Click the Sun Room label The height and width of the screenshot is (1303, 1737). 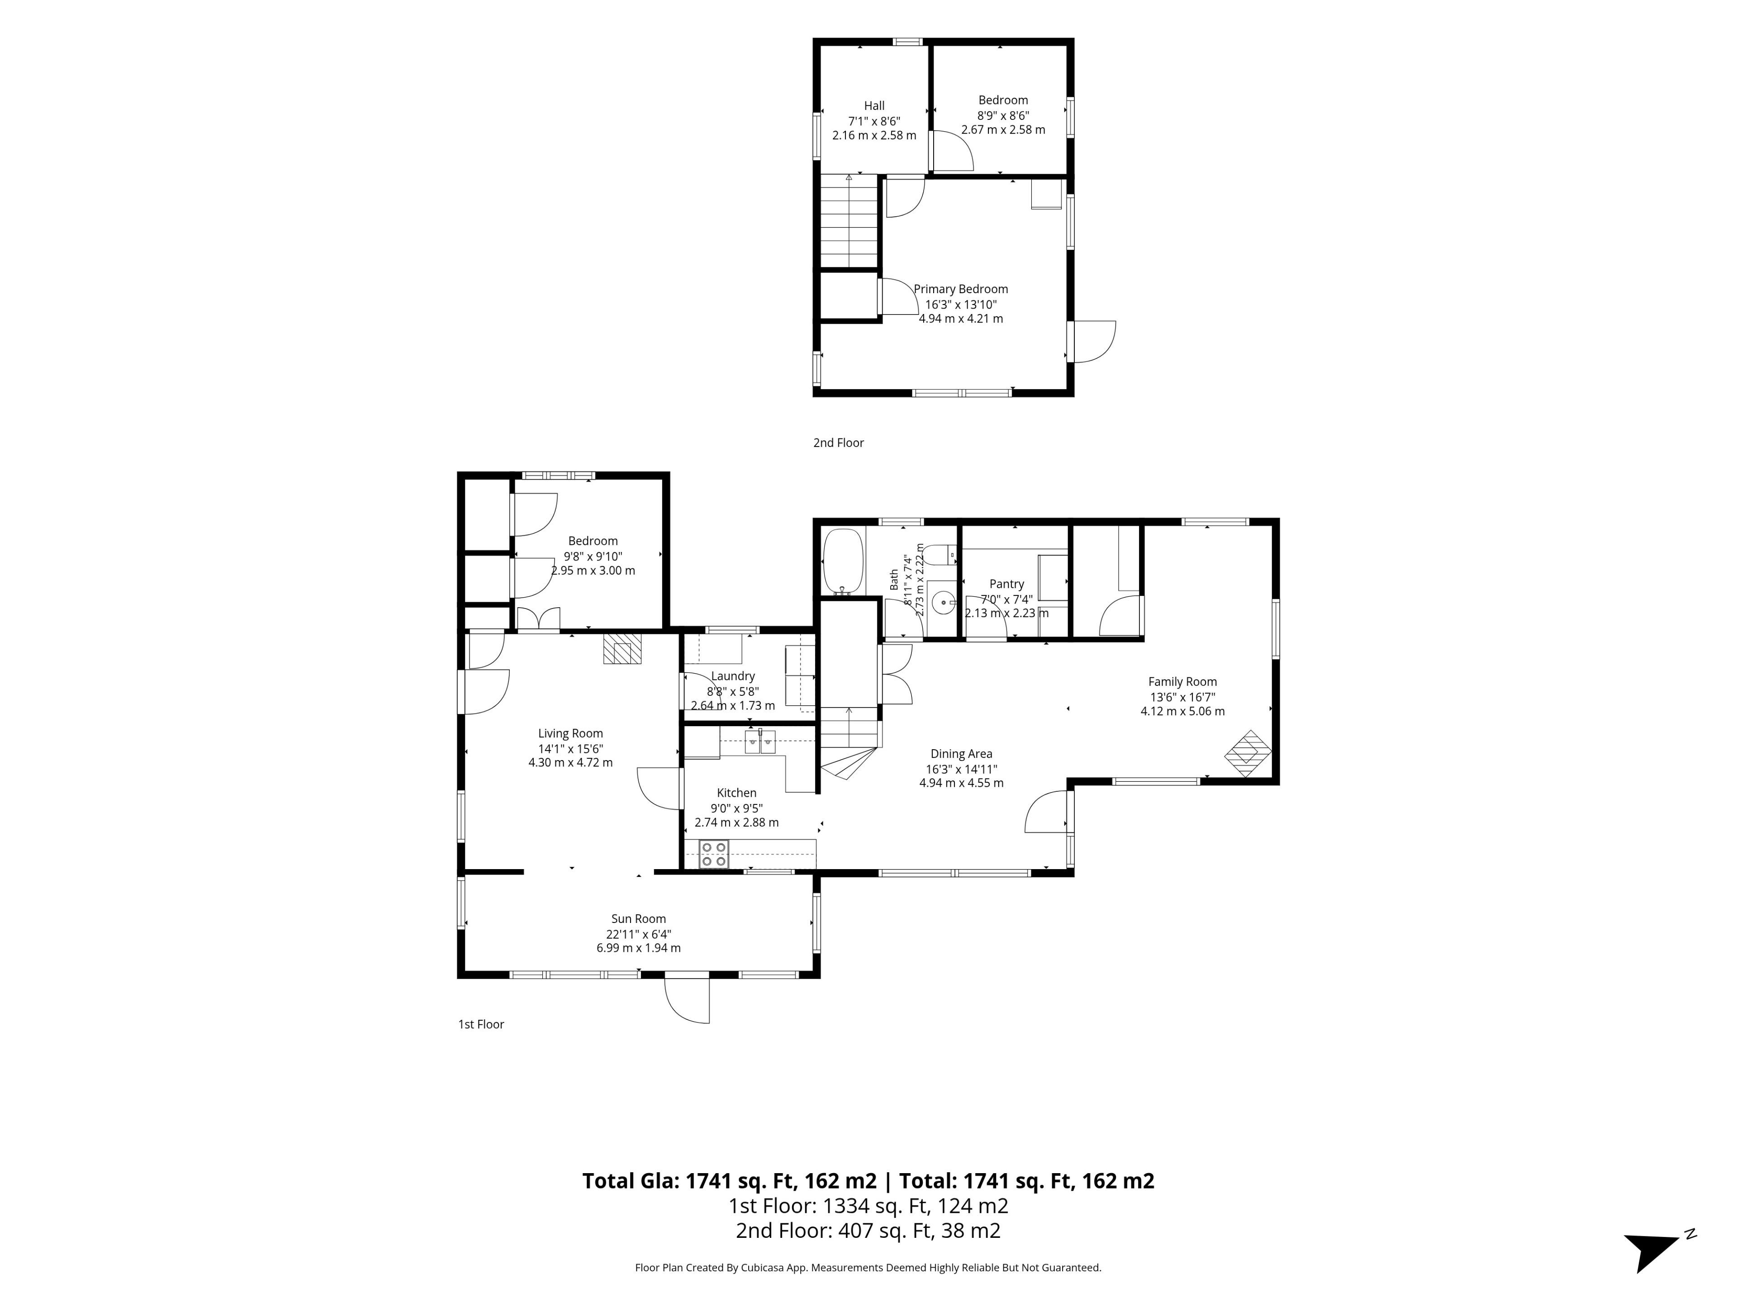[x=638, y=919]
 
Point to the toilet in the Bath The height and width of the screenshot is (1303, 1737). [x=939, y=555]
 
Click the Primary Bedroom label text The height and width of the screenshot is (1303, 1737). [x=960, y=289]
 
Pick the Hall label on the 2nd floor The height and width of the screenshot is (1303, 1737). [x=874, y=106]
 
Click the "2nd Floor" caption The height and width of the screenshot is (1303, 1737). [x=838, y=443]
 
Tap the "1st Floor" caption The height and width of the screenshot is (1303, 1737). [x=480, y=1024]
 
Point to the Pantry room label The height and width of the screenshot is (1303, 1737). [x=1007, y=585]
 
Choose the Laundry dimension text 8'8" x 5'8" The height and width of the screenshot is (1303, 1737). [x=733, y=692]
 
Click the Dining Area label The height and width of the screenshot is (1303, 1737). [x=961, y=754]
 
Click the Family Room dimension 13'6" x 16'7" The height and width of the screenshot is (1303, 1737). [x=1182, y=697]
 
